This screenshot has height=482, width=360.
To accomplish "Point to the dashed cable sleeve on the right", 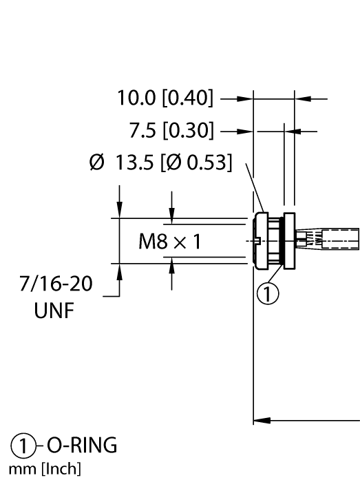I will (x=337, y=241).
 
